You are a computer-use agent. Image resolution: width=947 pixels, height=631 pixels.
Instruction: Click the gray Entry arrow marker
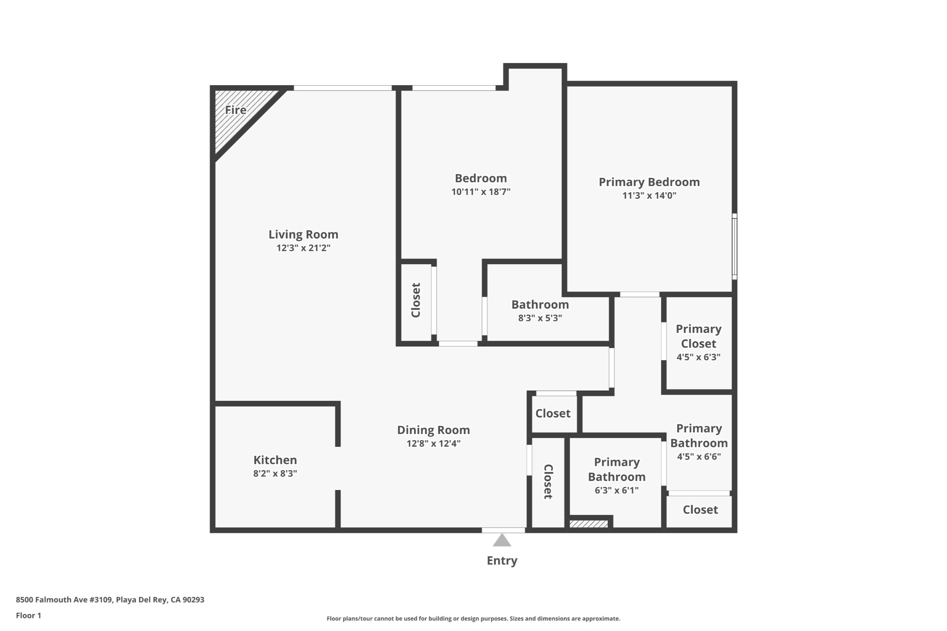(x=502, y=540)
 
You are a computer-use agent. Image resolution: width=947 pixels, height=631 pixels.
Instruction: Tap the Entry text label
(x=502, y=560)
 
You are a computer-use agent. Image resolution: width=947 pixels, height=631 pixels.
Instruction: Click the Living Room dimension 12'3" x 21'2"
(x=303, y=248)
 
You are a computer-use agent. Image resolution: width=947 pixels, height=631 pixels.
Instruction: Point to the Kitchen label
(x=275, y=460)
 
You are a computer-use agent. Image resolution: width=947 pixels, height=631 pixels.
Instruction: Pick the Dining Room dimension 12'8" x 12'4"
(x=433, y=444)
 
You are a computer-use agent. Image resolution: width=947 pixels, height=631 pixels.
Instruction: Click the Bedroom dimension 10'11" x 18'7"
(x=481, y=192)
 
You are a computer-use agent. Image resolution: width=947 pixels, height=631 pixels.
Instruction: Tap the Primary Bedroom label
(x=649, y=182)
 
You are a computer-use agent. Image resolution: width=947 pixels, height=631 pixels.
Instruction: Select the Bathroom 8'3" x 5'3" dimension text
(x=540, y=318)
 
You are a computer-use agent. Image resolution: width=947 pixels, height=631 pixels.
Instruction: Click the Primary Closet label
(x=698, y=336)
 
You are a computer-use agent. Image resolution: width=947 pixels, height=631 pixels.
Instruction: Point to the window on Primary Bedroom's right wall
(x=734, y=246)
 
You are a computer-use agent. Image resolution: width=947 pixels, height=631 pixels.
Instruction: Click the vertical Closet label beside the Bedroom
(x=416, y=300)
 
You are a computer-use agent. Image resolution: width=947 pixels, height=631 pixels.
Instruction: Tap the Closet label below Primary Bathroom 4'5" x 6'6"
(x=700, y=510)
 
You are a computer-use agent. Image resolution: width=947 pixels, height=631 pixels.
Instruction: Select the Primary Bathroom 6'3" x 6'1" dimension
(x=616, y=490)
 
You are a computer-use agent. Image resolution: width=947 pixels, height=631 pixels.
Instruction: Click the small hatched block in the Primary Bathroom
(x=589, y=524)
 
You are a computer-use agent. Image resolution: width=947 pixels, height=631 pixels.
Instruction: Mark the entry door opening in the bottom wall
(x=503, y=530)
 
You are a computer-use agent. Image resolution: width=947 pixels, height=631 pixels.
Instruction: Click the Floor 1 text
(x=28, y=615)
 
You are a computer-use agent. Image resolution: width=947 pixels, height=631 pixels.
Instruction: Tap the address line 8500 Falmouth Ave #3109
(x=110, y=600)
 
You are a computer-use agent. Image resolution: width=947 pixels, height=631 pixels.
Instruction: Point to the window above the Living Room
(x=342, y=88)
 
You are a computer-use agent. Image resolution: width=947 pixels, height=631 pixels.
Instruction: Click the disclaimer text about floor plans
(x=473, y=619)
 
